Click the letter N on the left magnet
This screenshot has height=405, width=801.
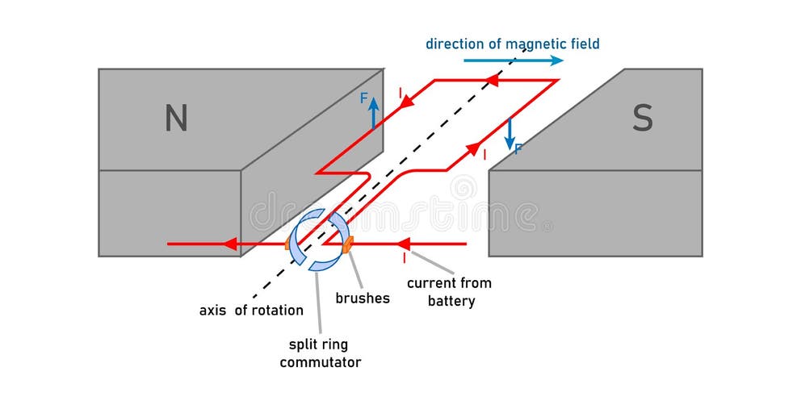(x=176, y=119)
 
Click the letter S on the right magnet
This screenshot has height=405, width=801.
(x=642, y=119)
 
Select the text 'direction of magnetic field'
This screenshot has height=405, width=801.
(x=513, y=44)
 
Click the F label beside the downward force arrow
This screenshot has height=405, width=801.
(x=518, y=148)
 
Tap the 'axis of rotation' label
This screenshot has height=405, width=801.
(x=251, y=310)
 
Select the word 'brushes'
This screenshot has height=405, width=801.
(x=363, y=299)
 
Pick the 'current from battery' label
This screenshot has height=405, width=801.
(x=449, y=292)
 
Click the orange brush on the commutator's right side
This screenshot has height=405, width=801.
(x=347, y=244)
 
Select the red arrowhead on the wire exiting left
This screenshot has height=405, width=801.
(x=230, y=244)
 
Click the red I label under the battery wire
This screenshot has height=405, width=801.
(x=405, y=258)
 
